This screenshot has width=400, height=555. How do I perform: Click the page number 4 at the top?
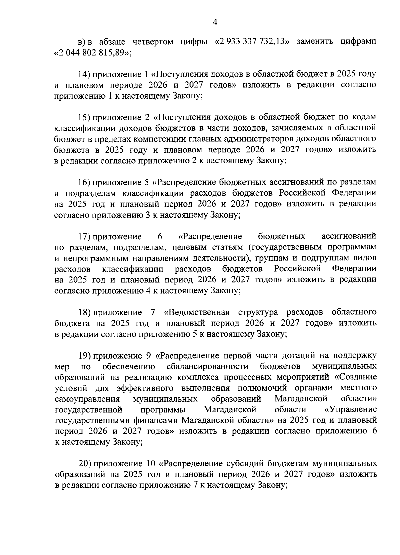215,22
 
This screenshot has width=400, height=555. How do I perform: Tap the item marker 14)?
85,74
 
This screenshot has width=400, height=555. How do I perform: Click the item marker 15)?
85,117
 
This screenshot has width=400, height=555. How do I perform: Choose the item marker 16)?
85,182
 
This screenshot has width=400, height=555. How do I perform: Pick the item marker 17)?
85,237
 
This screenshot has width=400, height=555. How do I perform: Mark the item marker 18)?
85,312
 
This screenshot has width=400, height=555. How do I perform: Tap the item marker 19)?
85,356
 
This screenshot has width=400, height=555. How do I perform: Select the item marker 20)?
85,464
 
